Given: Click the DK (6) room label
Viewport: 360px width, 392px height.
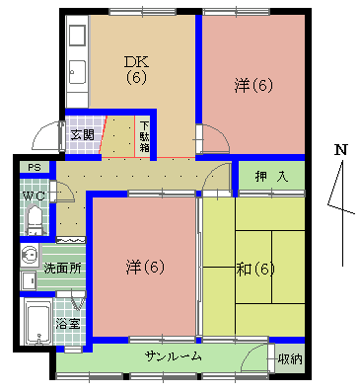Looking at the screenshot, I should [135, 69].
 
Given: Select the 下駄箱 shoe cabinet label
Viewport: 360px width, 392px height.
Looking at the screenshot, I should [144, 136].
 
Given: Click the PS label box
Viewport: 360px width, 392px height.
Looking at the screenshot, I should [35, 167].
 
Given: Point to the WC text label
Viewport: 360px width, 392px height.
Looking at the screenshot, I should [34, 196].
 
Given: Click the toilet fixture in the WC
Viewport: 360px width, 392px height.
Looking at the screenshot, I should [33, 223].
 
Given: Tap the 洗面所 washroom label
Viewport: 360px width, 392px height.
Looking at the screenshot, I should [60, 268].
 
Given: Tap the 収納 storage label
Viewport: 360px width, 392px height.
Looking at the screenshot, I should [287, 357].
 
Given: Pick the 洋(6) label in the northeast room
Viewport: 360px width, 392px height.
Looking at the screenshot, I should [253, 86].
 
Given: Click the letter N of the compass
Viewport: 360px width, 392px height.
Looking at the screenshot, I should [340, 150].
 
